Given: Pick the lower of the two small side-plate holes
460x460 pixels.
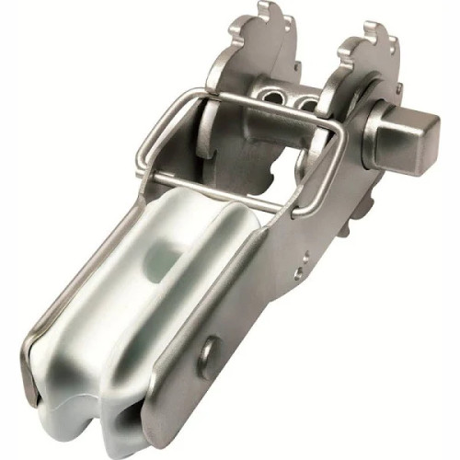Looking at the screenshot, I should [x=295, y=272].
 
